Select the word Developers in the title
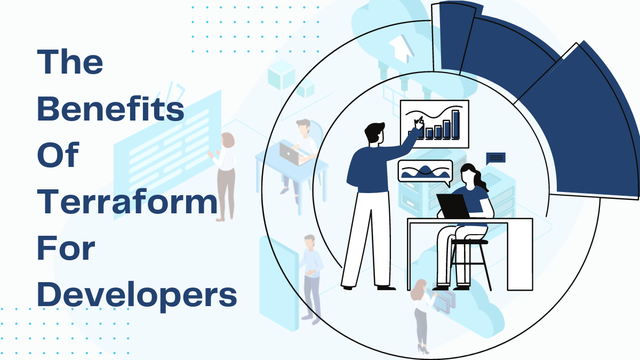(x=137, y=294)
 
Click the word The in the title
(x=70, y=63)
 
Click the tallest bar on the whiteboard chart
(x=455, y=124)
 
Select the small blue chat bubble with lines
(x=495, y=158)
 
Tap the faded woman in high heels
(x=421, y=315)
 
